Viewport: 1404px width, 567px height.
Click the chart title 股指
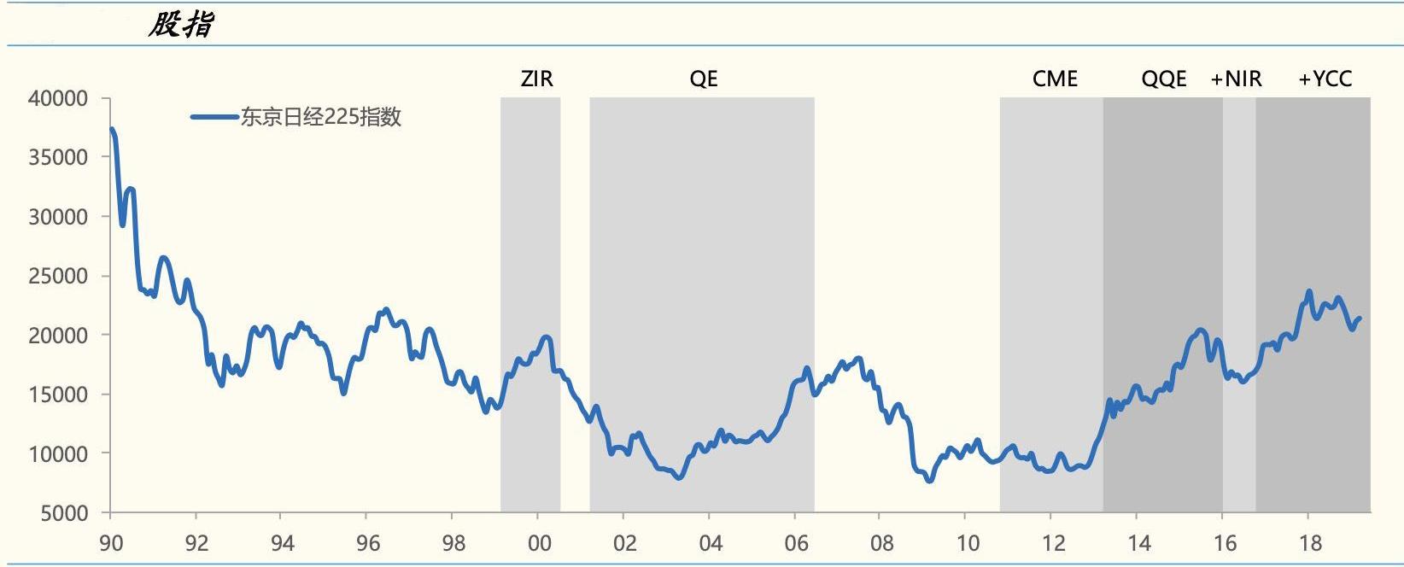pos(180,25)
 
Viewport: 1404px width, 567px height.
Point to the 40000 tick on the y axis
pos(58,99)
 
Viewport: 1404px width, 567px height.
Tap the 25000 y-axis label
pos(58,277)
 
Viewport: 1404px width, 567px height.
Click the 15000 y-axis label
pos(58,395)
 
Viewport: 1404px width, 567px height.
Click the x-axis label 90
pos(111,543)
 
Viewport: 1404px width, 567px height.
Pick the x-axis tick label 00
pos(539,543)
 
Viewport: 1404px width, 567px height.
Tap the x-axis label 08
pos(881,543)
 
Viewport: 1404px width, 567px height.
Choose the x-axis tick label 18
pos(1309,543)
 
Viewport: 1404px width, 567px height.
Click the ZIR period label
pos(536,79)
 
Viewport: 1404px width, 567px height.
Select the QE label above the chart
pos(704,79)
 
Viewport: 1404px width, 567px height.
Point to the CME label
pos(1055,79)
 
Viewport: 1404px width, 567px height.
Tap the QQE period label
pos(1164,79)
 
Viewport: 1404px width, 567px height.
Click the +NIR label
pos(1236,79)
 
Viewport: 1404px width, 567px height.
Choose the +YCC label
pos(1325,79)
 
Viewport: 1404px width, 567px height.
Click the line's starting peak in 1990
pos(112,130)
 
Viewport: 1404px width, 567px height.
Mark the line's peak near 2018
pos(1309,292)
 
